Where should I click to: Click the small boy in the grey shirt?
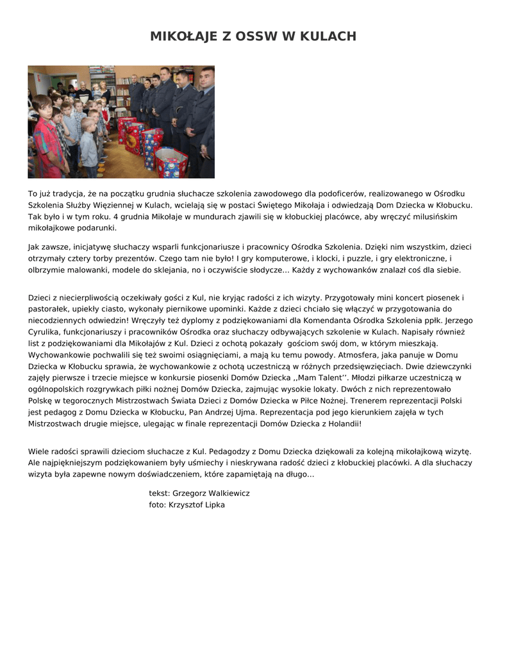click(89, 146)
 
